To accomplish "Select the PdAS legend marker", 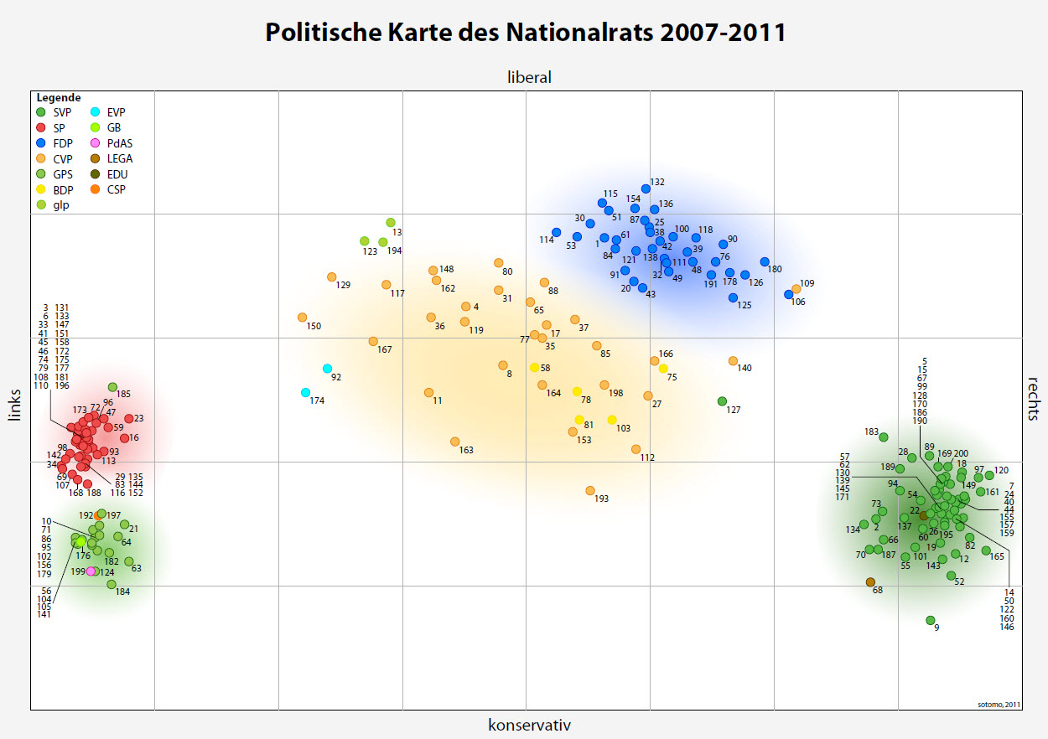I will (96, 143).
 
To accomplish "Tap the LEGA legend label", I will (120, 158).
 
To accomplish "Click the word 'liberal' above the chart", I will (529, 77).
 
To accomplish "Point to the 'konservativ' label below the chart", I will (529, 725).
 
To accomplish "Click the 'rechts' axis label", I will (1034, 397).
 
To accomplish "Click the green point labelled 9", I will (930, 620).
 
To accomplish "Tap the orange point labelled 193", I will (590, 490).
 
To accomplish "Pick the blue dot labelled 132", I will (646, 189).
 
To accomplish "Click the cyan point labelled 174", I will (306, 392).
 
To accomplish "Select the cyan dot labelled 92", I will (327, 369).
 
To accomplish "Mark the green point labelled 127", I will (722, 401).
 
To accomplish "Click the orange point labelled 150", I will (302, 318).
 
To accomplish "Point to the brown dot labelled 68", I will (870, 581).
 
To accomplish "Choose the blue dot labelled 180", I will (765, 261).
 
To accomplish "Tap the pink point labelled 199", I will (91, 571).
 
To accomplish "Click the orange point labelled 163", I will (454, 442).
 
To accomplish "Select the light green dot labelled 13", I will (391, 222).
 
